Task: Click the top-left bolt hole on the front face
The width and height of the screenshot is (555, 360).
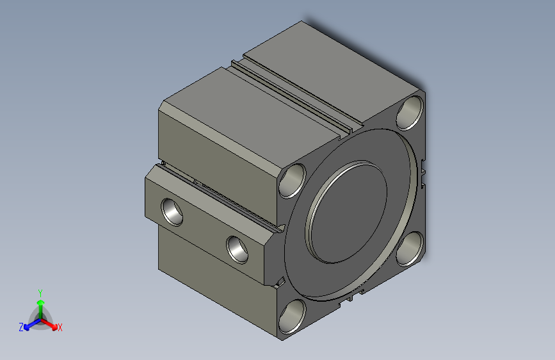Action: click(x=293, y=180)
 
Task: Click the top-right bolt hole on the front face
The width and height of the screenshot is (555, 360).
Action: click(x=410, y=113)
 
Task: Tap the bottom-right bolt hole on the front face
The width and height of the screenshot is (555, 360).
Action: click(x=409, y=249)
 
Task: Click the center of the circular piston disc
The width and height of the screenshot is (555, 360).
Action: click(x=350, y=211)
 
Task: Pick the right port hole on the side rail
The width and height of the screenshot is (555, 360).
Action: click(x=238, y=248)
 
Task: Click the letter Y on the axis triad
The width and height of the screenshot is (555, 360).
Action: click(x=40, y=291)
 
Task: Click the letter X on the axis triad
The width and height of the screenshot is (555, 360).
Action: click(x=60, y=328)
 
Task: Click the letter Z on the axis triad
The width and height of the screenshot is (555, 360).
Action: click(x=21, y=327)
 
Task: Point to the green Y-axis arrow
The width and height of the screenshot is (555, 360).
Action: click(x=40, y=303)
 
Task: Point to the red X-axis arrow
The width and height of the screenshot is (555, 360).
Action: click(x=51, y=323)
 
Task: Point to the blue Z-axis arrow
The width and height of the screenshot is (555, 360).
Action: click(x=29, y=323)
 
